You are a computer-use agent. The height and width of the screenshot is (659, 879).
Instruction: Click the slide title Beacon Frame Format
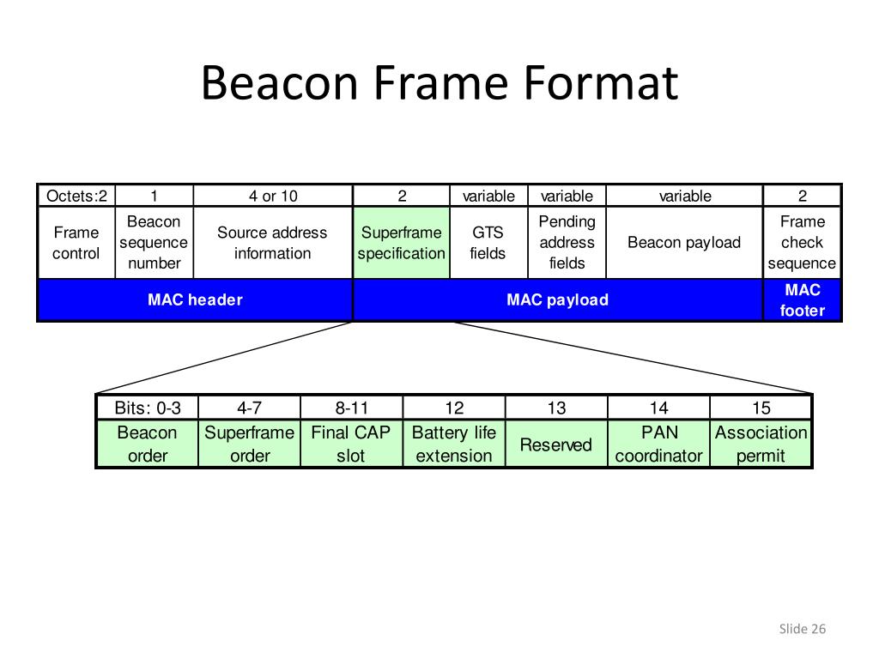[439, 83]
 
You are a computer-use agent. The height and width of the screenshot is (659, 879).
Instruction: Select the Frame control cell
[76, 243]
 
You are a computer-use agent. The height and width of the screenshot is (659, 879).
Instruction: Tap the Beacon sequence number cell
[155, 243]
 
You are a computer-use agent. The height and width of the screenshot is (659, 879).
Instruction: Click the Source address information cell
[272, 243]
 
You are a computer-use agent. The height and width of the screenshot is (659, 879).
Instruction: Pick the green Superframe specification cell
[402, 243]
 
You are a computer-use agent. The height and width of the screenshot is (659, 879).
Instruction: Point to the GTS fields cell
[488, 243]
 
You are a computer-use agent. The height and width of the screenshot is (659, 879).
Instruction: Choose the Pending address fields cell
[567, 243]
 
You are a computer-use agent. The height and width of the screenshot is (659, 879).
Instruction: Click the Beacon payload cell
[684, 243]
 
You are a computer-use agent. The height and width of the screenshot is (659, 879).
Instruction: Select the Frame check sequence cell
[802, 243]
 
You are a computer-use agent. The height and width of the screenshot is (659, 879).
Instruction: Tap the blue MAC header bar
[195, 299]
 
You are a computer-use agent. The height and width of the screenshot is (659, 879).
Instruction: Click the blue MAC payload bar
[557, 299]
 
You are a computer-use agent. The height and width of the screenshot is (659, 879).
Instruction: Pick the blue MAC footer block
[802, 299]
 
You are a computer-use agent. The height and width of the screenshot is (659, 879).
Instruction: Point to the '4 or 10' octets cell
[273, 196]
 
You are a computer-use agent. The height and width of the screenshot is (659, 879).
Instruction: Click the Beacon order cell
[147, 444]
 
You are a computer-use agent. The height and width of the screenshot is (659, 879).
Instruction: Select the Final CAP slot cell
[350, 444]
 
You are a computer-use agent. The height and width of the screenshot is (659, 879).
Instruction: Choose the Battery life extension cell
[454, 444]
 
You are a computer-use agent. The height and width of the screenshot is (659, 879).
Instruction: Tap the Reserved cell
[556, 444]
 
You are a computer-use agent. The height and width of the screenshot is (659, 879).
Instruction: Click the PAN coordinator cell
[658, 444]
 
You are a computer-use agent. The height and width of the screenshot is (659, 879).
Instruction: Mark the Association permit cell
[761, 444]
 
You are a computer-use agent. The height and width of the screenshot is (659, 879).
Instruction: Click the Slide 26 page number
[802, 630]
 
